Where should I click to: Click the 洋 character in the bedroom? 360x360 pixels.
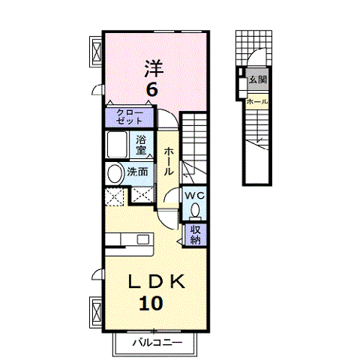(x=154, y=68)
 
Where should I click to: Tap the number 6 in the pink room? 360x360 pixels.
(x=152, y=89)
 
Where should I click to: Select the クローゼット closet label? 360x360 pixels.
(x=130, y=117)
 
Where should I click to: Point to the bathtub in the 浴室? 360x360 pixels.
(x=117, y=145)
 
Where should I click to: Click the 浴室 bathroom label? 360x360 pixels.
(x=141, y=145)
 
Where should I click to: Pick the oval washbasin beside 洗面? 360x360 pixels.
(x=115, y=173)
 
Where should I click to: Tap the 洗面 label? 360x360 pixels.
(x=137, y=172)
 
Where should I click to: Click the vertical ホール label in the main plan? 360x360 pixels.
(x=168, y=161)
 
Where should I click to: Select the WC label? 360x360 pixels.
(x=194, y=196)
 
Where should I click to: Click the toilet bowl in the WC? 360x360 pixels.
(x=195, y=210)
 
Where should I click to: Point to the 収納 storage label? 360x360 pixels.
(x=196, y=235)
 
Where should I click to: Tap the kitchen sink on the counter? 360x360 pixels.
(x=143, y=239)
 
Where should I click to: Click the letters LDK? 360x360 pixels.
(x=157, y=282)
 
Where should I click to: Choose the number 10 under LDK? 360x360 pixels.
(x=151, y=303)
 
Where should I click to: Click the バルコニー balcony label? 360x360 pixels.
(x=157, y=343)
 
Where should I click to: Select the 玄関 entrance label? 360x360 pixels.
(x=258, y=79)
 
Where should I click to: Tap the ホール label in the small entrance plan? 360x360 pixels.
(x=257, y=102)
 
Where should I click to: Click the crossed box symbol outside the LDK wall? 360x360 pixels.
(x=96, y=312)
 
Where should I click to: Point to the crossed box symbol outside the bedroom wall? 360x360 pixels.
(x=96, y=52)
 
